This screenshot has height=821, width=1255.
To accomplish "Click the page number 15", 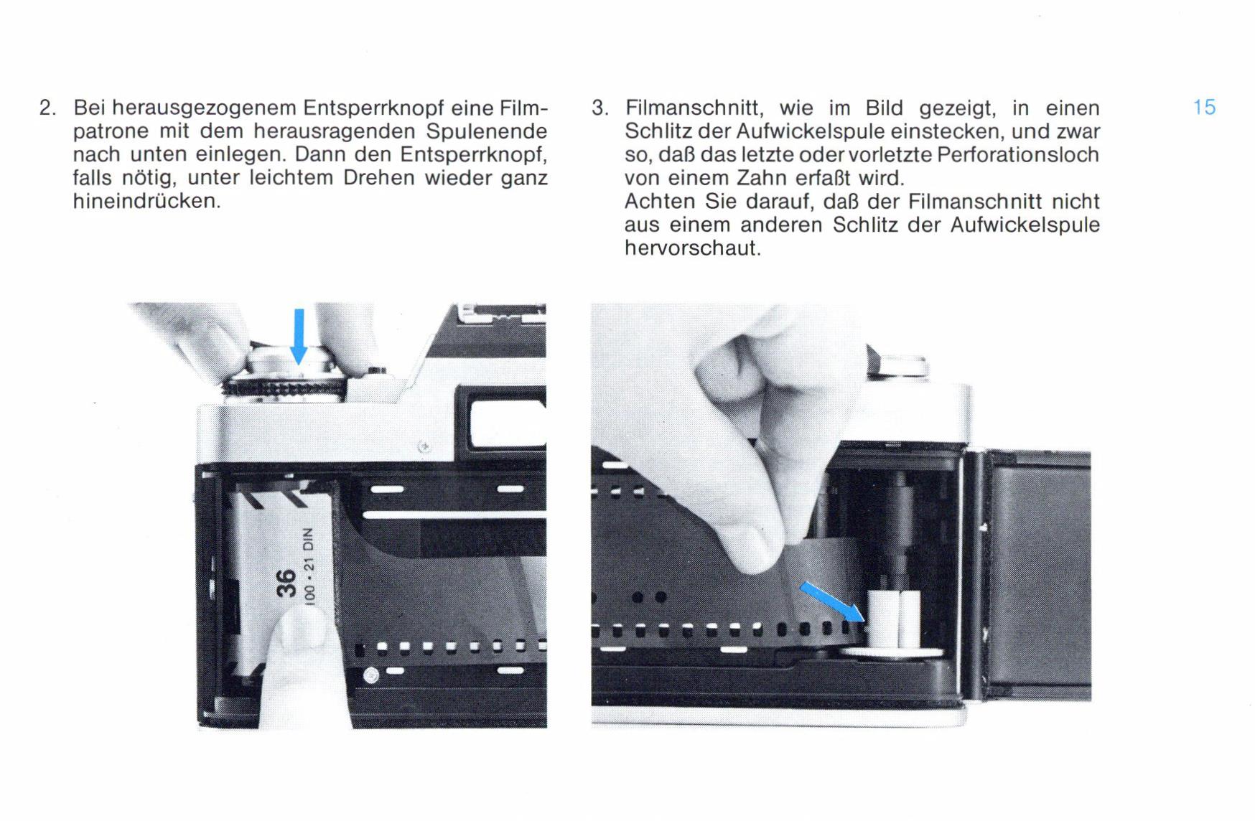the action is tap(1204, 108).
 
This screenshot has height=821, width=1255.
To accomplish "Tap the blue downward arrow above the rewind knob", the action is tap(299, 337).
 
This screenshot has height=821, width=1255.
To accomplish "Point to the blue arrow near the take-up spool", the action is tap(832, 601).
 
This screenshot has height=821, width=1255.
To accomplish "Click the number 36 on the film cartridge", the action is tap(286, 583).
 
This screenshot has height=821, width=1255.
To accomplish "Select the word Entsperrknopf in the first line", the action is tap(372, 108).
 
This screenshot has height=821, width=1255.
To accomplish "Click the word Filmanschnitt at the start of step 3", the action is tap(691, 108).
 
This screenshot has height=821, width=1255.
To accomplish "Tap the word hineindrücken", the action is tap(146, 201).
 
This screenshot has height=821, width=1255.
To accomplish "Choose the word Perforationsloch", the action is tap(1018, 154).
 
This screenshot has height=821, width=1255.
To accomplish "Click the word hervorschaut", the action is tap(692, 248).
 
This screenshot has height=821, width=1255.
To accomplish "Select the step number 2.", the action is tap(47, 108).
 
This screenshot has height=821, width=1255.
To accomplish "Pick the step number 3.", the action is tap(599, 108).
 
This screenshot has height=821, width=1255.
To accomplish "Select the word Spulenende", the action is tap(486, 131).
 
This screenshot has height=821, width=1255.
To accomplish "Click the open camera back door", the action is tap(1034, 574).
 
